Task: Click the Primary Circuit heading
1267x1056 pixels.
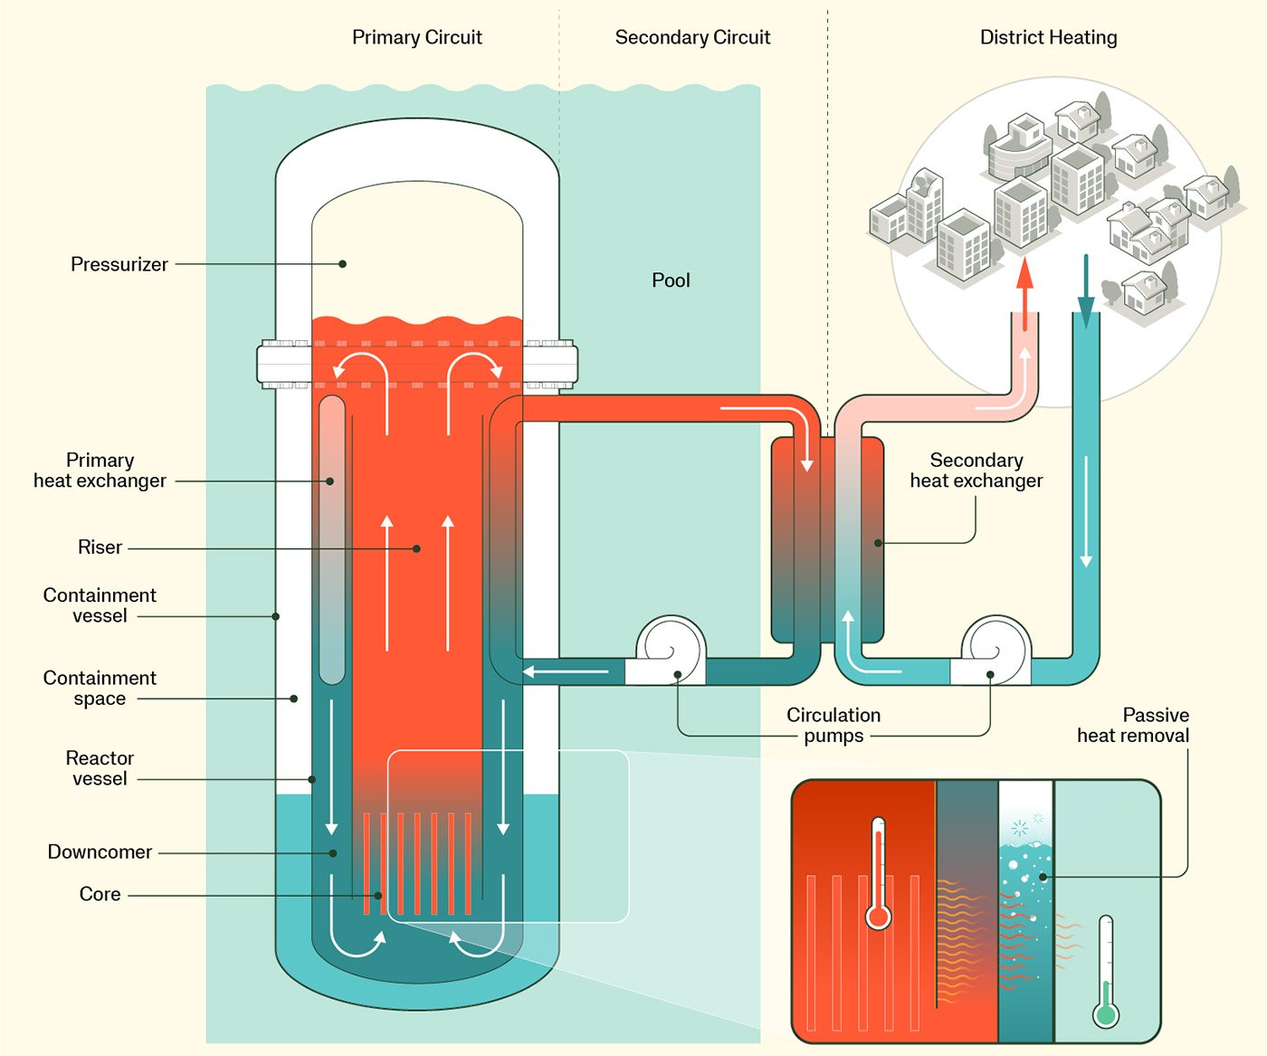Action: (416, 37)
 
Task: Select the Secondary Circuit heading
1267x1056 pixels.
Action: (692, 37)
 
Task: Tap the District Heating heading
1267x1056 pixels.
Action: (1048, 37)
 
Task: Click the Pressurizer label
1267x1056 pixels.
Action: (119, 264)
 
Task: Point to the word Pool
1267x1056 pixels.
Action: (671, 281)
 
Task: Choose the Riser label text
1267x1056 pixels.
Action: (100, 547)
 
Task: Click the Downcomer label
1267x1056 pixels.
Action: (100, 852)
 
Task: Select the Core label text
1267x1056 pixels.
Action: (100, 894)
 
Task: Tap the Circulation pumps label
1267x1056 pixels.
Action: (834, 726)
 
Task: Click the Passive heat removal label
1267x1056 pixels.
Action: (1133, 726)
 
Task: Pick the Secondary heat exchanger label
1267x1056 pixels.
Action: (976, 471)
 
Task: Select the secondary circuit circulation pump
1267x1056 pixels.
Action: (994, 652)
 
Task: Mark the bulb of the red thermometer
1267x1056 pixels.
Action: (878, 918)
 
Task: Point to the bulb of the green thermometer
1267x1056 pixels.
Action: (1105, 1014)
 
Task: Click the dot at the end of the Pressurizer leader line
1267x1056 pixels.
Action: (343, 264)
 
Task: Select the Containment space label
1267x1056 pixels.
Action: (100, 689)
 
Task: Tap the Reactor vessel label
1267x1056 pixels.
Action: (100, 768)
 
